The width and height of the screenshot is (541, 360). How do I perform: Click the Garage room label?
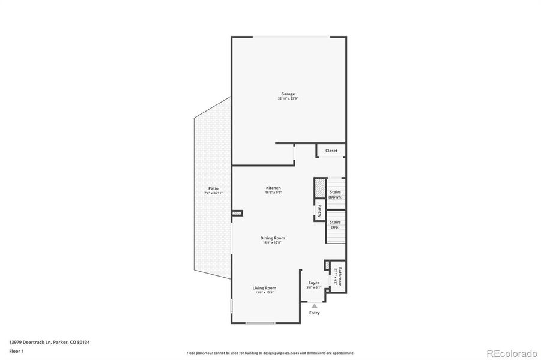(288, 94)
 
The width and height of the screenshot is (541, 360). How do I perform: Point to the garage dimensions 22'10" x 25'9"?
(288, 98)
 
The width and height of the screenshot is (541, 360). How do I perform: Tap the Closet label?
(331, 151)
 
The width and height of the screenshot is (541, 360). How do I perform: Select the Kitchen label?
(273, 188)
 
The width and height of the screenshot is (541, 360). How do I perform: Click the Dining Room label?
(273, 238)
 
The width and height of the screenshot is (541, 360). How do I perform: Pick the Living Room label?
(264, 288)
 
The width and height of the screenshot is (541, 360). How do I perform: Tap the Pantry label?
(319, 211)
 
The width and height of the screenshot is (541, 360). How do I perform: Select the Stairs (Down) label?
(336, 194)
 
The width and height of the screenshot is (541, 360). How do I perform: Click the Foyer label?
(314, 283)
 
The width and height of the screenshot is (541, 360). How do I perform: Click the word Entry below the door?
(314, 313)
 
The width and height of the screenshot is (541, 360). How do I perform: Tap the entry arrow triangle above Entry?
(314, 306)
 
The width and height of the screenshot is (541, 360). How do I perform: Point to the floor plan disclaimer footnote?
(270, 353)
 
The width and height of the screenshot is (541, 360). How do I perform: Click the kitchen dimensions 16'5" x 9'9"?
(273, 193)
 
